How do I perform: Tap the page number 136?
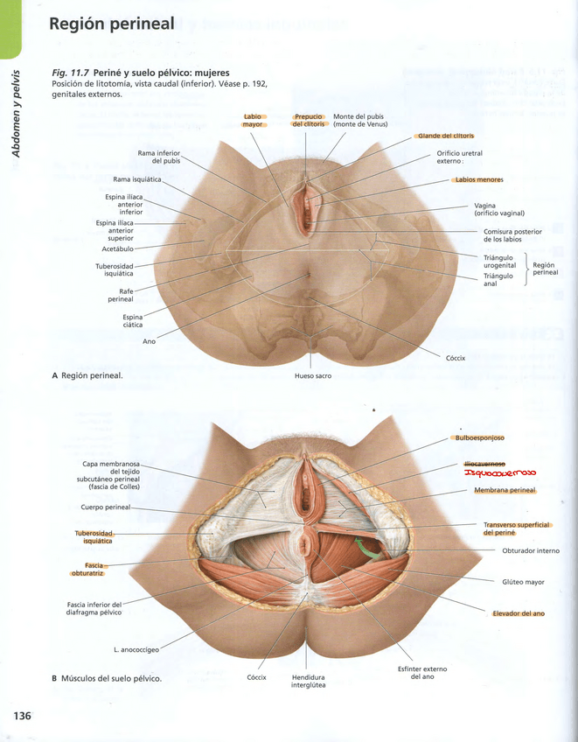[22, 717]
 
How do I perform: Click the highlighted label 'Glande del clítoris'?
[446, 136]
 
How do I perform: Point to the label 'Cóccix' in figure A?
[456, 358]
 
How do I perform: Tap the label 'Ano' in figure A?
[149, 341]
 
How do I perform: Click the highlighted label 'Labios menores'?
[478, 180]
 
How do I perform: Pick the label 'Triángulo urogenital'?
[499, 262]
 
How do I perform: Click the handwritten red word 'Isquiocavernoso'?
[500, 473]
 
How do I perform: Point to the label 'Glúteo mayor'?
[523, 581]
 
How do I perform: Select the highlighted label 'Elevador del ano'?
[518, 613]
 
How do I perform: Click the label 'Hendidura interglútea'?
[308, 681]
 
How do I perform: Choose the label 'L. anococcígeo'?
[136, 649]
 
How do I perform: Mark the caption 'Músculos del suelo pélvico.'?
[111, 678]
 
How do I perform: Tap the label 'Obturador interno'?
[530, 550]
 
